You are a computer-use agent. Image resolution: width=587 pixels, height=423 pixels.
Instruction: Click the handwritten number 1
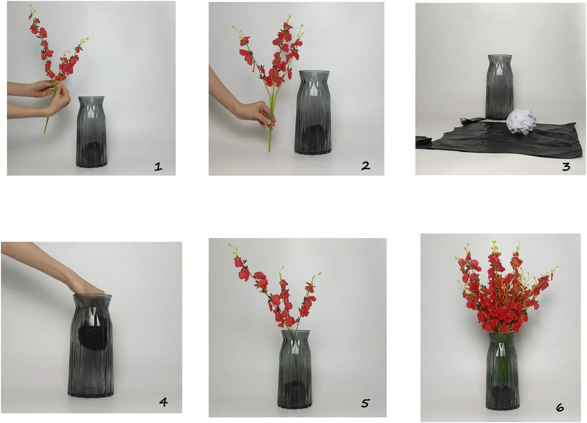(158, 166)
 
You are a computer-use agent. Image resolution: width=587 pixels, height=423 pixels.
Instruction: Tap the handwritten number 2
(365, 166)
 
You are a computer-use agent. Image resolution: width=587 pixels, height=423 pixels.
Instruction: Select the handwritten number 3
(566, 166)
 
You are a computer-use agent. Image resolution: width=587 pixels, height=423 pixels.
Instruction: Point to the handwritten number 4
(164, 402)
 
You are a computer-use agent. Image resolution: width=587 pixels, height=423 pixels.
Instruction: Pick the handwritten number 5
(365, 404)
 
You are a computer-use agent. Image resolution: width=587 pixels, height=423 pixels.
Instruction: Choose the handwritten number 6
(560, 408)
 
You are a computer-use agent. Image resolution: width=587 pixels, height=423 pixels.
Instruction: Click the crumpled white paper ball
(522, 123)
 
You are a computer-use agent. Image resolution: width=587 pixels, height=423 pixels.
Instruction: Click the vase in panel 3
(500, 87)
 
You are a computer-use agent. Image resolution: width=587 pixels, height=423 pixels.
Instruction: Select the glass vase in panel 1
(92, 131)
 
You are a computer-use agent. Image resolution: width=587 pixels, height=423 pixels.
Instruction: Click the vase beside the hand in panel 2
(313, 112)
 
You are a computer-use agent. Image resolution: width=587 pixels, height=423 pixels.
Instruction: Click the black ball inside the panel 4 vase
(93, 337)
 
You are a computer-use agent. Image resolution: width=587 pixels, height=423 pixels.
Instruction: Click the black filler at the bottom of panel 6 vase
(502, 396)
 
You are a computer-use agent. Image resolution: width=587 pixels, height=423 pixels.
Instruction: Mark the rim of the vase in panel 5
(296, 333)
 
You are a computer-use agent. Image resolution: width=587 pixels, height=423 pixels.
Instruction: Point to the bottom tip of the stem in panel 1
(44, 132)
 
